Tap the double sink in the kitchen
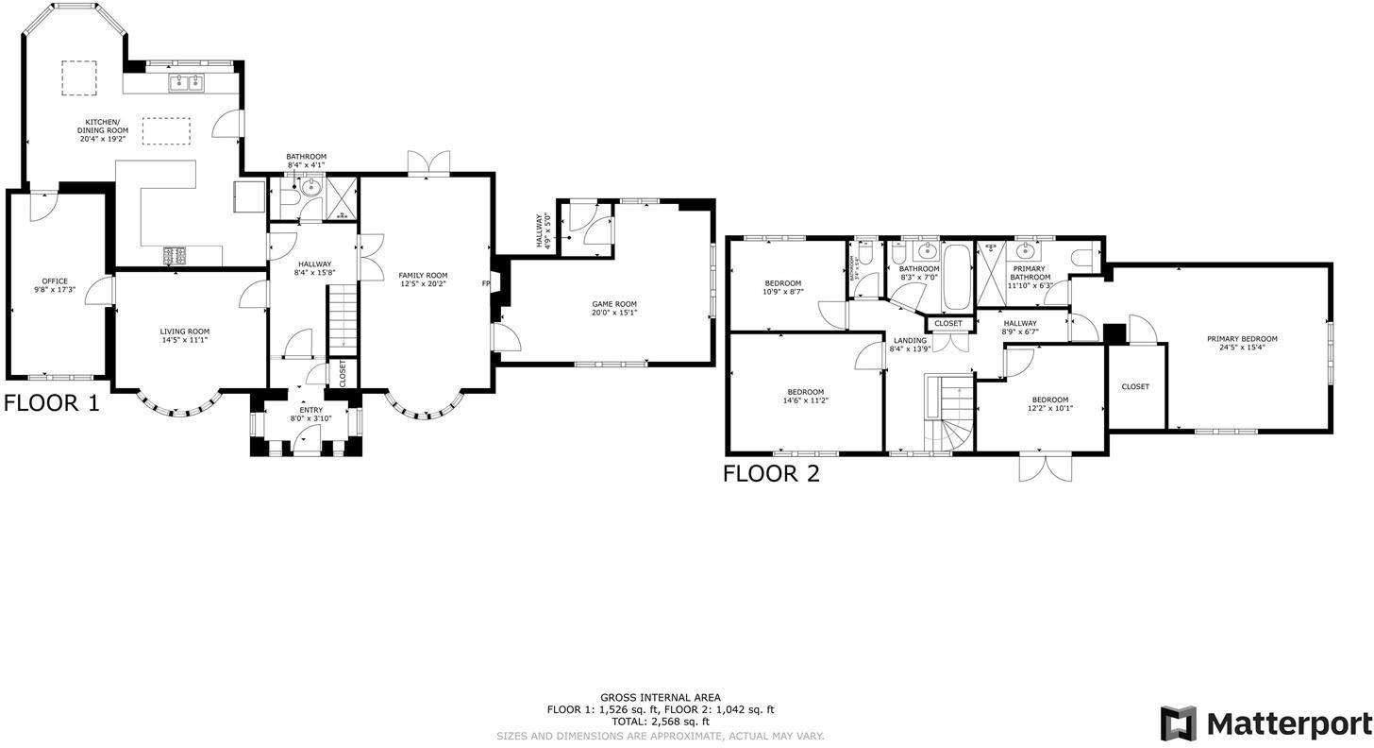coord(186,84)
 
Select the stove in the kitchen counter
coord(176,254)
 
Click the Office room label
coord(55,281)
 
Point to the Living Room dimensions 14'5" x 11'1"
coord(184,340)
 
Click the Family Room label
coord(423,276)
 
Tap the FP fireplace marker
coord(486,283)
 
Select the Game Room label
coord(614,304)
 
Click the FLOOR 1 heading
coord(51,403)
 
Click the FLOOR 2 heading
coord(771,474)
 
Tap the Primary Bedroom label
coord(1241,339)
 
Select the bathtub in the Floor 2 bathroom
coord(956,278)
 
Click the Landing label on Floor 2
coord(910,341)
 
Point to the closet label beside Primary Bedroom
coord(1135,386)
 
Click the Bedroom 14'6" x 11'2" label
coord(805,392)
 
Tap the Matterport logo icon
coord(1178,723)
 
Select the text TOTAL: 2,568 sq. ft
coord(660,722)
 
